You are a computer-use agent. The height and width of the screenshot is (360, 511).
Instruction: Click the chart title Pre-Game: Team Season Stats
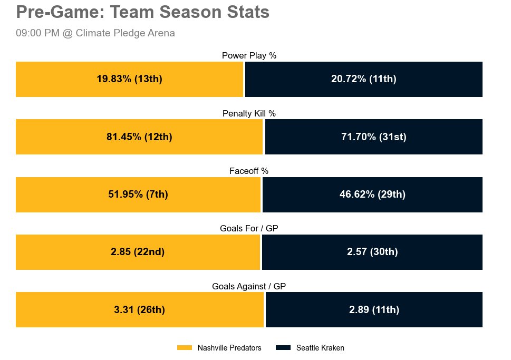coord(143,12)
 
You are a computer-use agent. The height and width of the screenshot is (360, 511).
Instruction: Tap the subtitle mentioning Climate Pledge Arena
coord(95,33)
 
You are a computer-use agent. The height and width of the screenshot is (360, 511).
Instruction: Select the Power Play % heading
coord(249,55)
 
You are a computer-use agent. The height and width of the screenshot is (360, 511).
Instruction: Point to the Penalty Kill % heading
coord(249,113)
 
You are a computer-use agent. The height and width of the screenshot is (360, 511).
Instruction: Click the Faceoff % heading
coord(249,171)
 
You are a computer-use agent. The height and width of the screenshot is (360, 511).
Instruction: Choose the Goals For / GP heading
coord(249,228)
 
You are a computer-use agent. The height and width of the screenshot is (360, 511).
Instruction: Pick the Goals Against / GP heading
coord(249,286)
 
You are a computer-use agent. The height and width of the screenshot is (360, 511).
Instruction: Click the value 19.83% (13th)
coord(129,79)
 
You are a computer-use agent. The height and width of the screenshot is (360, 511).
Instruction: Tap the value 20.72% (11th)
coord(363,79)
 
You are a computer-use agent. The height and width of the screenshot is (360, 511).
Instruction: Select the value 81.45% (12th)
coord(139,137)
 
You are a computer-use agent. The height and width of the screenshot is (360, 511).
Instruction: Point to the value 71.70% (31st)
coord(373,137)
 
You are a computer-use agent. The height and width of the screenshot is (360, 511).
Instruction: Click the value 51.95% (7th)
coord(138,194)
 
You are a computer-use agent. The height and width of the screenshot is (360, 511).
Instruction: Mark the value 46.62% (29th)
coord(372,194)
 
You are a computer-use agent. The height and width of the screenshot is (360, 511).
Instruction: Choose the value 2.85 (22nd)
coord(138,252)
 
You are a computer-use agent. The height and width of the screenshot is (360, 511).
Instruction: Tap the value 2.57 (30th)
coord(372,252)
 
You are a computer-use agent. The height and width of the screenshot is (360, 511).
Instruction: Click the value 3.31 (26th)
coord(139,310)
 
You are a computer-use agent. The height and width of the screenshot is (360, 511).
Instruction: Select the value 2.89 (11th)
coord(374,310)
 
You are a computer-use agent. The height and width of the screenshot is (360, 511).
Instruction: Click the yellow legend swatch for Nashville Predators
coord(185,348)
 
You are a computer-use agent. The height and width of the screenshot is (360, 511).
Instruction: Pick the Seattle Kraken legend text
coord(320,348)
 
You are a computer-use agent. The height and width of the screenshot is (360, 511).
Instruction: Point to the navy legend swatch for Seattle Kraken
coord(283,348)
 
